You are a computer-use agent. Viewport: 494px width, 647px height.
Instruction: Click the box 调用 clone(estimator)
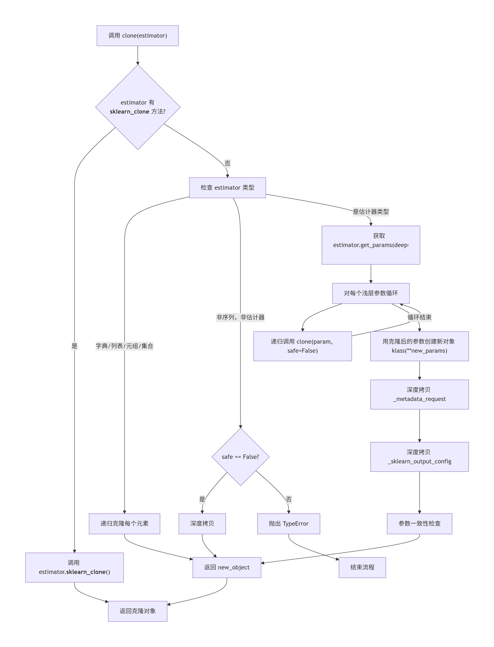[138, 36]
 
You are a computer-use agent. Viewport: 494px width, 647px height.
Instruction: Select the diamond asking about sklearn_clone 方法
[138, 107]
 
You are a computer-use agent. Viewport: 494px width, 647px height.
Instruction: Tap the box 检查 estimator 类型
[227, 188]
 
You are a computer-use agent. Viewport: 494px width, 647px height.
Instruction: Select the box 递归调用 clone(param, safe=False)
[302, 346]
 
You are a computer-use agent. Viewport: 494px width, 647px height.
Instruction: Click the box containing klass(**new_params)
[419, 346]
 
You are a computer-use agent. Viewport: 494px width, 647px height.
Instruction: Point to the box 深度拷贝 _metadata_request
[419, 394]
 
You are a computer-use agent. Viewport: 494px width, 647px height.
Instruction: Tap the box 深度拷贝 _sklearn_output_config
[419, 457]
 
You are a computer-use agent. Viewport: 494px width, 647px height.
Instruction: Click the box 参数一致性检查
[419, 523]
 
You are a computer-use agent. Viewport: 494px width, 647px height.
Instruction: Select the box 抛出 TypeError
[288, 523]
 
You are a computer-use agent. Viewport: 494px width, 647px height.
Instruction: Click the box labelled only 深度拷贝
[202, 523]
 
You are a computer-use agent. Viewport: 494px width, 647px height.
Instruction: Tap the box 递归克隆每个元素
[124, 523]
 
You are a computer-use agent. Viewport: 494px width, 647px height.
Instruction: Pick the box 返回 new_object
[227, 567]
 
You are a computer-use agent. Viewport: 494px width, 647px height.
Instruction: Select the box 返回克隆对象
[138, 611]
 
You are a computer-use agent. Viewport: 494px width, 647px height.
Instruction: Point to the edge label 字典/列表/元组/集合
[124, 346]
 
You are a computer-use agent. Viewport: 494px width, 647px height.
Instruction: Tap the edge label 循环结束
[419, 317]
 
